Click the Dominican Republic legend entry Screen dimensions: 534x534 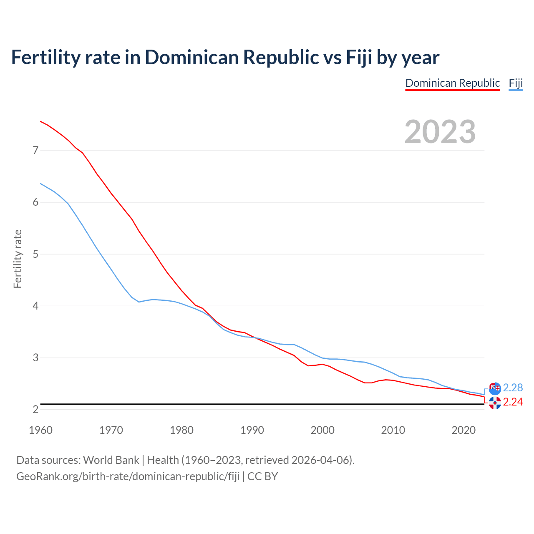[452, 83]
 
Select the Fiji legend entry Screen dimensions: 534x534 [516, 83]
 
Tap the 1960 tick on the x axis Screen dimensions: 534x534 [40, 430]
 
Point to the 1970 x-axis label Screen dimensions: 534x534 [111, 430]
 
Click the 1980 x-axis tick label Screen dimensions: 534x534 [181, 430]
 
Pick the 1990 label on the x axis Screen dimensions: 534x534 [252, 430]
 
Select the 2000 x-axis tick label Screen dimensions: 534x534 [322, 430]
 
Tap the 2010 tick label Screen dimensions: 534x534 [393, 430]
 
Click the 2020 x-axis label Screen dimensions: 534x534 [463, 430]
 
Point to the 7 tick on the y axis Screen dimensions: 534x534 [35, 150]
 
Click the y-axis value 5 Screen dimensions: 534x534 [35, 254]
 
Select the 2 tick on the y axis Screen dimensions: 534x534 [35, 410]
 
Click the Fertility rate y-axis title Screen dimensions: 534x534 [18, 259]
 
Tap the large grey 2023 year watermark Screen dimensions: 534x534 [440, 132]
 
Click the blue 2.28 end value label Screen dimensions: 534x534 [513, 388]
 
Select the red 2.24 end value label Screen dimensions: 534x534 [513, 402]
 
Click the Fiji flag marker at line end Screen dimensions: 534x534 [495, 388]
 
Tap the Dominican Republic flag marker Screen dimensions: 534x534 [495, 403]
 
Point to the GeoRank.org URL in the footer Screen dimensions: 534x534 [128, 476]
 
